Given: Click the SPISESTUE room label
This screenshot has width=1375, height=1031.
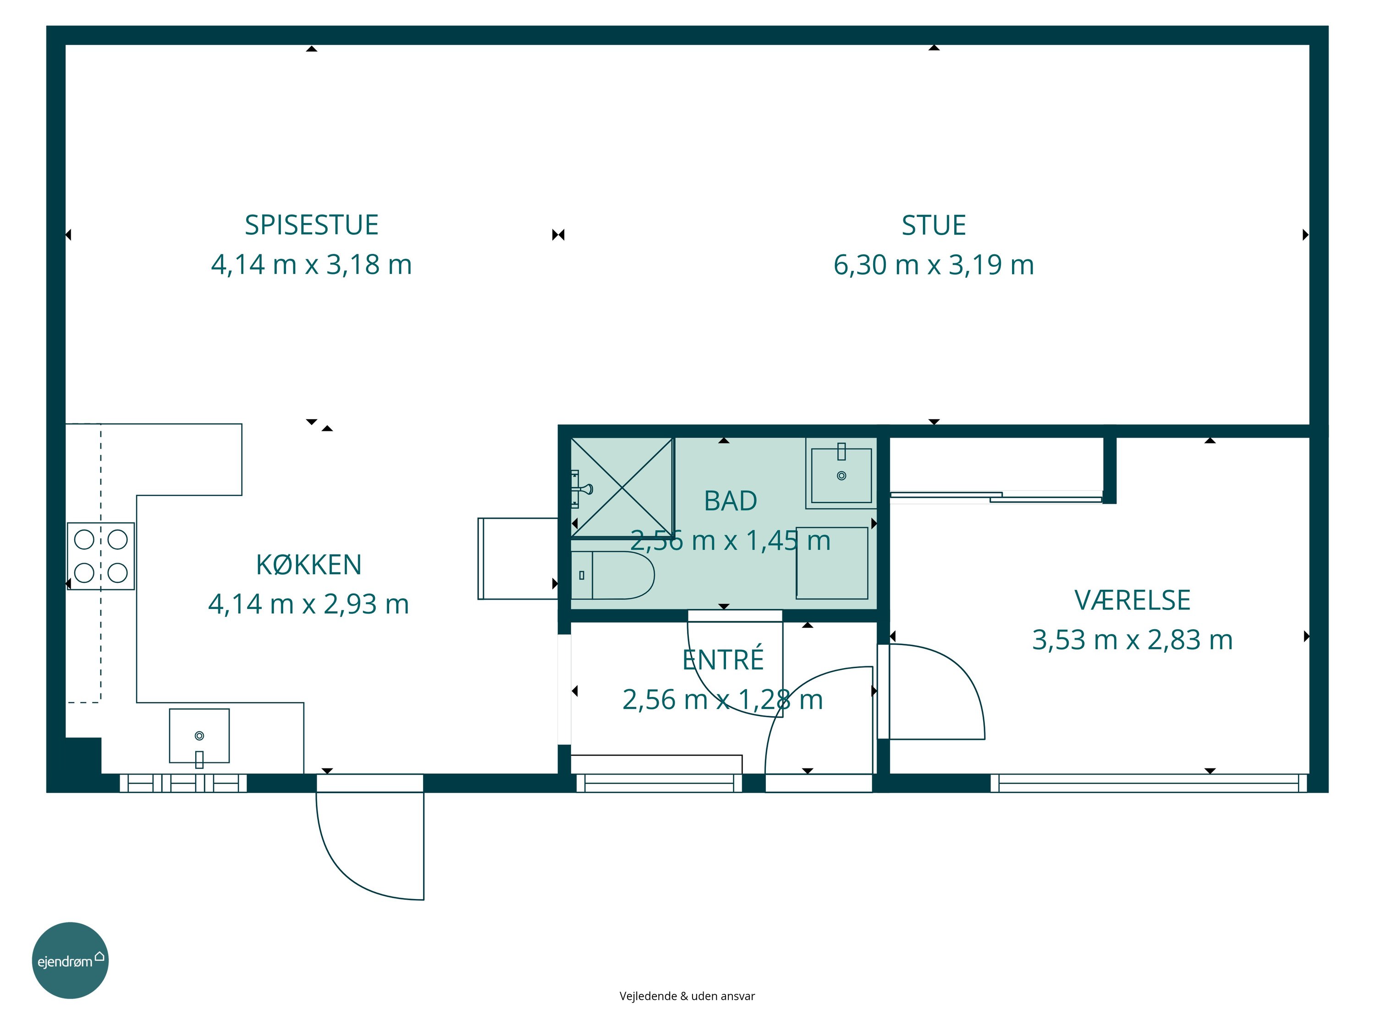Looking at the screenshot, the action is (311, 225).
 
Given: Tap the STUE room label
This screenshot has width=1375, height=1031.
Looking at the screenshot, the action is (934, 225).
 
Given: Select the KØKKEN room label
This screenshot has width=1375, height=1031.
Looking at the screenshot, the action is (309, 564).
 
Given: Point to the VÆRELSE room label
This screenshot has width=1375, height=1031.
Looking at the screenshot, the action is (1133, 600).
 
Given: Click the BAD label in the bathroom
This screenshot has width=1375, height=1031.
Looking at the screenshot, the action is (731, 501).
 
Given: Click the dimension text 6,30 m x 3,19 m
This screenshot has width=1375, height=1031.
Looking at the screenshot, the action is (934, 265).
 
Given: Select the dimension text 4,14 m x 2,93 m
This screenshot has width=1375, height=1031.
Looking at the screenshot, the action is (309, 604).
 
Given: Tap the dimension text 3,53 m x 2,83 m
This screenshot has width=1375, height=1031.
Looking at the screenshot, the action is (1133, 640).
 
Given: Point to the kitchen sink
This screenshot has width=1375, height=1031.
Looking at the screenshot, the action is (199, 736).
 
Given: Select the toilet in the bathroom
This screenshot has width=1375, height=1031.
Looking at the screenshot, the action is (613, 576).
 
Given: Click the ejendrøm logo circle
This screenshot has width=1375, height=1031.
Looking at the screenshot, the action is (70, 960).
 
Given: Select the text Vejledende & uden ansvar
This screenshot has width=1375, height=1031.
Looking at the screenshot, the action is (687, 996).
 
